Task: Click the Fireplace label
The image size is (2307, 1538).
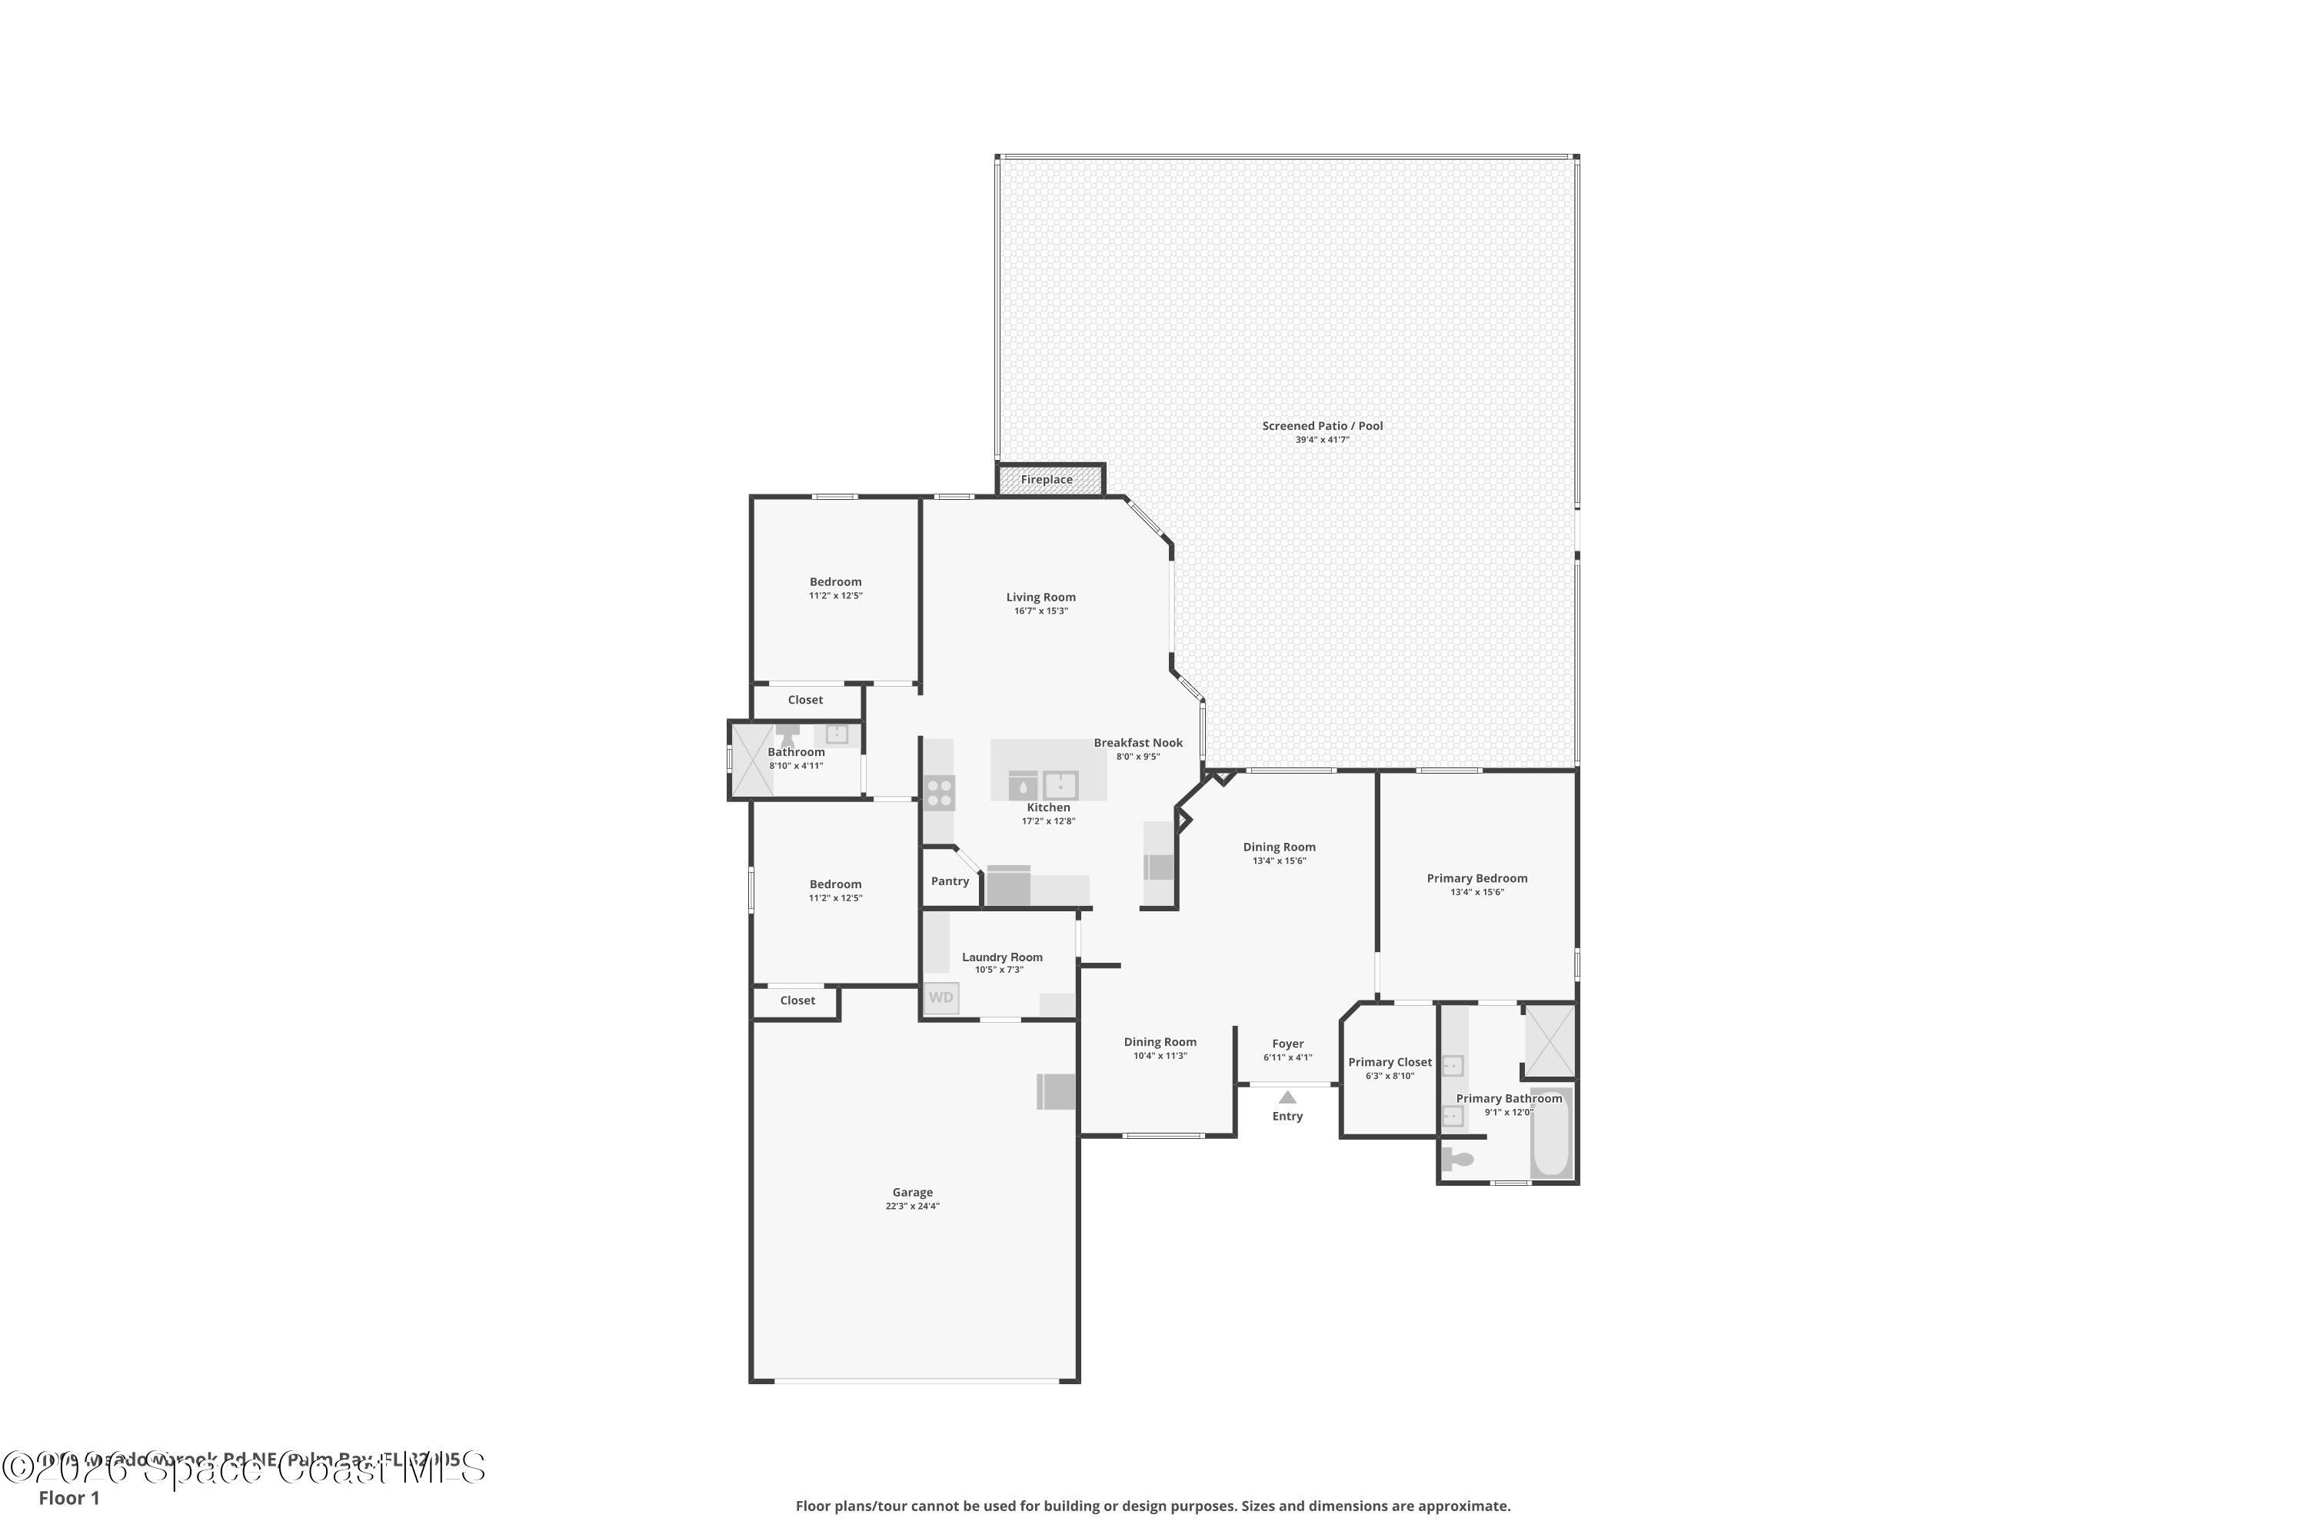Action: [x=1047, y=480]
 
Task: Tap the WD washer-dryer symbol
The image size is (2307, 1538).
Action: [x=940, y=997]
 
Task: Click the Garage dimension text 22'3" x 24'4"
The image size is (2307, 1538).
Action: [x=912, y=1207]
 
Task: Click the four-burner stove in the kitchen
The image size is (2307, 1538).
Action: [x=939, y=793]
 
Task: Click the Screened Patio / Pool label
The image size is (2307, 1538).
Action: [x=1322, y=426]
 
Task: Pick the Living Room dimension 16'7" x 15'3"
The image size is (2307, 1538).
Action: [x=1040, y=611]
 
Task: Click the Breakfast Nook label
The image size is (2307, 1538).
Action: [x=1138, y=743]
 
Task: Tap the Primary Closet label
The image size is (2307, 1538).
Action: [x=1390, y=1062]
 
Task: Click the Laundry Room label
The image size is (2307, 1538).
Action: [x=1001, y=957]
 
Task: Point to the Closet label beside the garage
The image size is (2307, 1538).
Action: [x=797, y=1000]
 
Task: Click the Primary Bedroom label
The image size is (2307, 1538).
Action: [x=1476, y=878]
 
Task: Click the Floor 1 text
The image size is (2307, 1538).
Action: [x=68, y=1498]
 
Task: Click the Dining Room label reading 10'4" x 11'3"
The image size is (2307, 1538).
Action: [x=1160, y=1057]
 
